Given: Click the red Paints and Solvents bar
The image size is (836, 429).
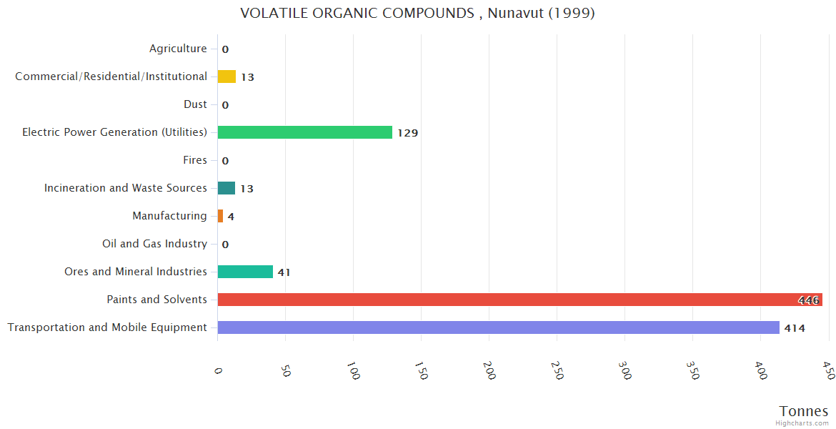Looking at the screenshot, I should point(519,300).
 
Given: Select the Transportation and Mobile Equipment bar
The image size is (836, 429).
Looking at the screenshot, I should point(498,327).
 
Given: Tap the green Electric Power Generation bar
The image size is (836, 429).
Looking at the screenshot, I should point(305,132).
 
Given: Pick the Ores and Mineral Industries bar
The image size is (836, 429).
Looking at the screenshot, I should point(245,272).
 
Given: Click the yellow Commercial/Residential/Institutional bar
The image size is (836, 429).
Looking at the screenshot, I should point(227,77).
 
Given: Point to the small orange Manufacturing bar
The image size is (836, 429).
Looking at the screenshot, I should point(220,216).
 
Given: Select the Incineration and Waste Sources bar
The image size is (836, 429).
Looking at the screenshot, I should point(227,188).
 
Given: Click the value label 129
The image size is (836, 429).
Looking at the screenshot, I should point(408,133).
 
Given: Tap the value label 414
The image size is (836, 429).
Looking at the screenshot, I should point(795,328).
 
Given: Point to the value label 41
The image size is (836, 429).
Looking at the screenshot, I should point(284,272).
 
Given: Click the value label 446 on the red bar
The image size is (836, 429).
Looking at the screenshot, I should point(809,300).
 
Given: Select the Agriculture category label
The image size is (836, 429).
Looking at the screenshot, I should point(178,49).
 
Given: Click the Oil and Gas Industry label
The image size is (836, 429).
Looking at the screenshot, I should point(154,244).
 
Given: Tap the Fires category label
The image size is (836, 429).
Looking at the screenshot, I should point(195,160).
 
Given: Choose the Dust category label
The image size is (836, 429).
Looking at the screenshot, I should point(195,104).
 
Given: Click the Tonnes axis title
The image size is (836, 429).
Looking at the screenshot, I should point(804,411).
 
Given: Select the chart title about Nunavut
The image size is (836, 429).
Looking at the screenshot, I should point(418,14).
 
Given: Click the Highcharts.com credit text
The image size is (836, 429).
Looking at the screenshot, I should point(802,423).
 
